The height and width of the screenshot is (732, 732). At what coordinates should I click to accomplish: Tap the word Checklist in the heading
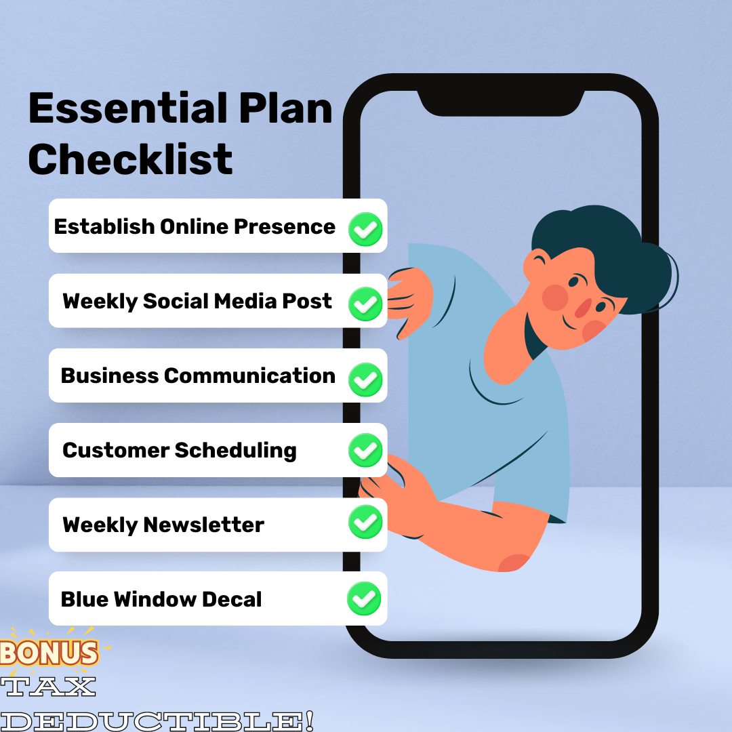click(131, 159)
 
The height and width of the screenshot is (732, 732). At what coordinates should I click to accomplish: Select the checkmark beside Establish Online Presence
click(366, 228)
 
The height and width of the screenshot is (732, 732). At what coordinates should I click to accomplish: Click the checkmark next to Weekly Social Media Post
click(366, 303)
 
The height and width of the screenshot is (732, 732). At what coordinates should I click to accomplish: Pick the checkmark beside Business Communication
click(366, 378)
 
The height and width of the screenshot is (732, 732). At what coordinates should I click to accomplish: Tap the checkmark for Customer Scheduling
click(366, 451)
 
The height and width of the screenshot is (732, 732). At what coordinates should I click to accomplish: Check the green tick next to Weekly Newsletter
click(366, 522)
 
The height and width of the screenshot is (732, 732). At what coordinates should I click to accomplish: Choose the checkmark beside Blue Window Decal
click(365, 598)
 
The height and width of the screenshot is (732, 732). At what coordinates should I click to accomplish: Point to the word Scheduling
click(236, 451)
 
